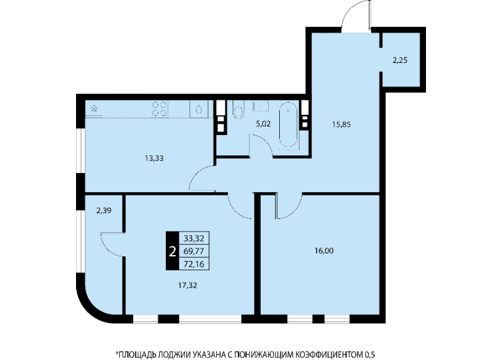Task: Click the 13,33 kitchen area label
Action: click(154, 158)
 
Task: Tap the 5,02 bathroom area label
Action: click(263, 124)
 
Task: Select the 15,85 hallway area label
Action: click(341, 125)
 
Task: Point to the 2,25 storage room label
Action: click(400, 60)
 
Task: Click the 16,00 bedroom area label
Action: click(324, 250)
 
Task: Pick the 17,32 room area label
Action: click(187, 285)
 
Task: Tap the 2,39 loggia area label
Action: click(104, 210)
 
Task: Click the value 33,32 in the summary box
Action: click(194, 238)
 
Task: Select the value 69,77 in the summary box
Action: click(194, 251)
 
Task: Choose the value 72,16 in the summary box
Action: click(194, 264)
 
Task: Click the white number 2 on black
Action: click(172, 252)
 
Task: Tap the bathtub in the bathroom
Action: click(288, 125)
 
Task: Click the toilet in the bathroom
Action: click(239, 110)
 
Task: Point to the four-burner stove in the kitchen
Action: click(159, 109)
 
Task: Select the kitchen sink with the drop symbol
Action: click(199, 109)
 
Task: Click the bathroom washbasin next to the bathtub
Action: click(261, 106)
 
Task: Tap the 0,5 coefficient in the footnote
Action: click(370, 355)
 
